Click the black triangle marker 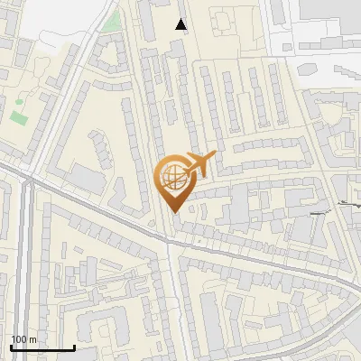pos(181,24)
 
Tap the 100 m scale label pos(24,339)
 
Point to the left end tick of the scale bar pos(11,347)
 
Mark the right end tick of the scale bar pos(74,347)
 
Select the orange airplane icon pos(199,165)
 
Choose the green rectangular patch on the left pos(19,116)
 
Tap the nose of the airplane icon pos(215,155)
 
